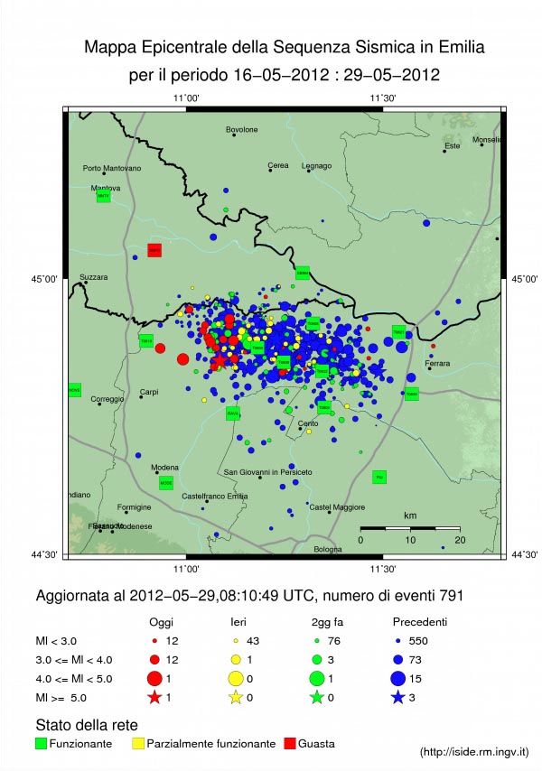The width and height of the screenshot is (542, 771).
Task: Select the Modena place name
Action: pyautogui.click(x=164, y=467)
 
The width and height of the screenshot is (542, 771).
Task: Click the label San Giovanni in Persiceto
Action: pyautogui.click(x=268, y=472)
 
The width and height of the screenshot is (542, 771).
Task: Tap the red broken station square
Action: pyautogui.click(x=154, y=250)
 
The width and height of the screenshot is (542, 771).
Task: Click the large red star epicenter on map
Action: pyautogui.click(x=220, y=360)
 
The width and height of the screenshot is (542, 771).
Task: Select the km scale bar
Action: pyautogui.click(x=410, y=527)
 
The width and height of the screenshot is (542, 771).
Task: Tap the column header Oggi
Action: pyautogui.click(x=161, y=622)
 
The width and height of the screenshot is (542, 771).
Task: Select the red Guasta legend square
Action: pyautogui.click(x=290, y=743)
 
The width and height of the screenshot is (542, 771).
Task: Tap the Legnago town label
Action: pyautogui.click(x=316, y=165)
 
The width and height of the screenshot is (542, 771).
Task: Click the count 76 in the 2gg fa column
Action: pyautogui.click(x=332, y=639)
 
